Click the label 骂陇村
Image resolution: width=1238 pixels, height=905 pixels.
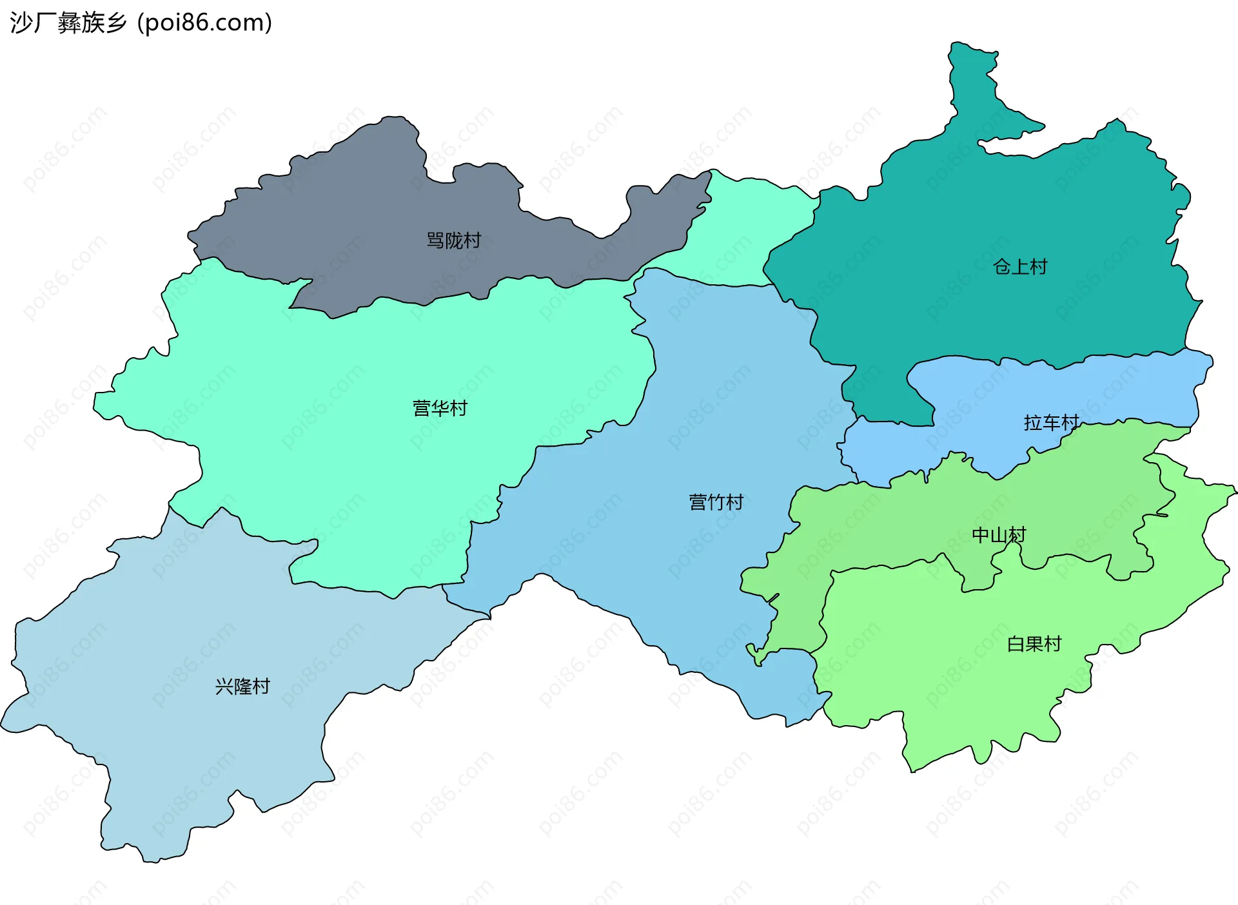[454, 240]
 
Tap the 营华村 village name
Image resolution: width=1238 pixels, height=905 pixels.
[440, 408]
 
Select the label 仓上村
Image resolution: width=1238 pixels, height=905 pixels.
[1020, 266]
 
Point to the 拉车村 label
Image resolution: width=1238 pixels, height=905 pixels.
[1051, 423]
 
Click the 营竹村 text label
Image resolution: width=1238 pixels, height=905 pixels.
[716, 502]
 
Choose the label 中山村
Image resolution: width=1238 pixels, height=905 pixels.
[998, 535]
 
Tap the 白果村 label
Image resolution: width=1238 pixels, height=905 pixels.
[1034, 644]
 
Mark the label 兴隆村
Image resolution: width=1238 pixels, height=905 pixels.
[242, 686]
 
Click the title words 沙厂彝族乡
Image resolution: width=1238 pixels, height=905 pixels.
[68, 23]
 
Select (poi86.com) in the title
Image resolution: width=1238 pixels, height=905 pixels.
[205, 23]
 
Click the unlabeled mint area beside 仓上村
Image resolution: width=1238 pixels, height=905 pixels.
[748, 232]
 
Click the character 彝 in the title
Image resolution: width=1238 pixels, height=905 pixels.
[69, 23]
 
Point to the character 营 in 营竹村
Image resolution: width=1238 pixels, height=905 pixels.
[698, 502]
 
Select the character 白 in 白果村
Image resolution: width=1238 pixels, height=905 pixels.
[1016, 644]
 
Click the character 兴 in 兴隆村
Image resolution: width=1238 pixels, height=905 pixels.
[224, 686]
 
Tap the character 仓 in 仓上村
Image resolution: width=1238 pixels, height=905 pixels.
[1002, 266]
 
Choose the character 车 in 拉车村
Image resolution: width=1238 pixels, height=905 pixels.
[1051, 423]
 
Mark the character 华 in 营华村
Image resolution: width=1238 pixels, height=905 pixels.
[440, 408]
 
